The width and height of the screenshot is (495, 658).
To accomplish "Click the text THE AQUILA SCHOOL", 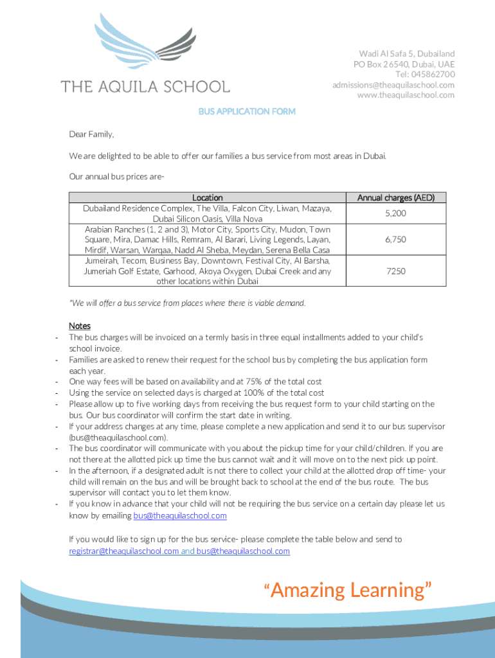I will (145, 86).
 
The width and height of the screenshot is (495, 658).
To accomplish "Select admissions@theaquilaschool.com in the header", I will (393, 85).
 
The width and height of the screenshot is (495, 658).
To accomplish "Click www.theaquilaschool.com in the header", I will (406, 95).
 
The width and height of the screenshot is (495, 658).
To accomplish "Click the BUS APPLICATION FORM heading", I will (247, 111).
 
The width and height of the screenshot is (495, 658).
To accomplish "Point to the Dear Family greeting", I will (91, 134).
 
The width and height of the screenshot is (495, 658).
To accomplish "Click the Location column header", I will (208, 198).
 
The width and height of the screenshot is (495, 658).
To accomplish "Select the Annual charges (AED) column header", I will (396, 198).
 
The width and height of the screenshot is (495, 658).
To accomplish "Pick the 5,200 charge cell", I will (396, 213).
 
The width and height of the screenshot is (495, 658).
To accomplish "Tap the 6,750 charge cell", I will (396, 239).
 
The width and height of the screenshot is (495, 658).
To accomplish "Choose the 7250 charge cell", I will (396, 271).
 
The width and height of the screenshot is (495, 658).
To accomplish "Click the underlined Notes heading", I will (80, 326).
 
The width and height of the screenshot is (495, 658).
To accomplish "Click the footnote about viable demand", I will (187, 303).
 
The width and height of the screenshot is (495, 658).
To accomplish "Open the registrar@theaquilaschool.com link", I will (123, 551).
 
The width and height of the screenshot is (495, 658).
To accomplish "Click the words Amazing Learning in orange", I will (348, 590).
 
